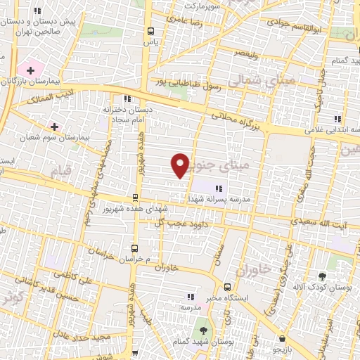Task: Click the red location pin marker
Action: (x=181, y=165)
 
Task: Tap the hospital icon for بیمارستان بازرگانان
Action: (x=30, y=70)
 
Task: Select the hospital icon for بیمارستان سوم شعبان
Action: (x=54, y=127)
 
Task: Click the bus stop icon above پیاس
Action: (x=150, y=30)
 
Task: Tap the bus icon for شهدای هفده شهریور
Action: (x=135, y=198)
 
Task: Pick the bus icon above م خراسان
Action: (x=134, y=248)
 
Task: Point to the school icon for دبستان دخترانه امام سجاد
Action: (x=127, y=98)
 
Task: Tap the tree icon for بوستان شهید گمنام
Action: (x=202, y=328)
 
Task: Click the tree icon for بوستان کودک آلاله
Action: (x=323, y=276)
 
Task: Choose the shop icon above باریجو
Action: (x=281, y=338)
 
